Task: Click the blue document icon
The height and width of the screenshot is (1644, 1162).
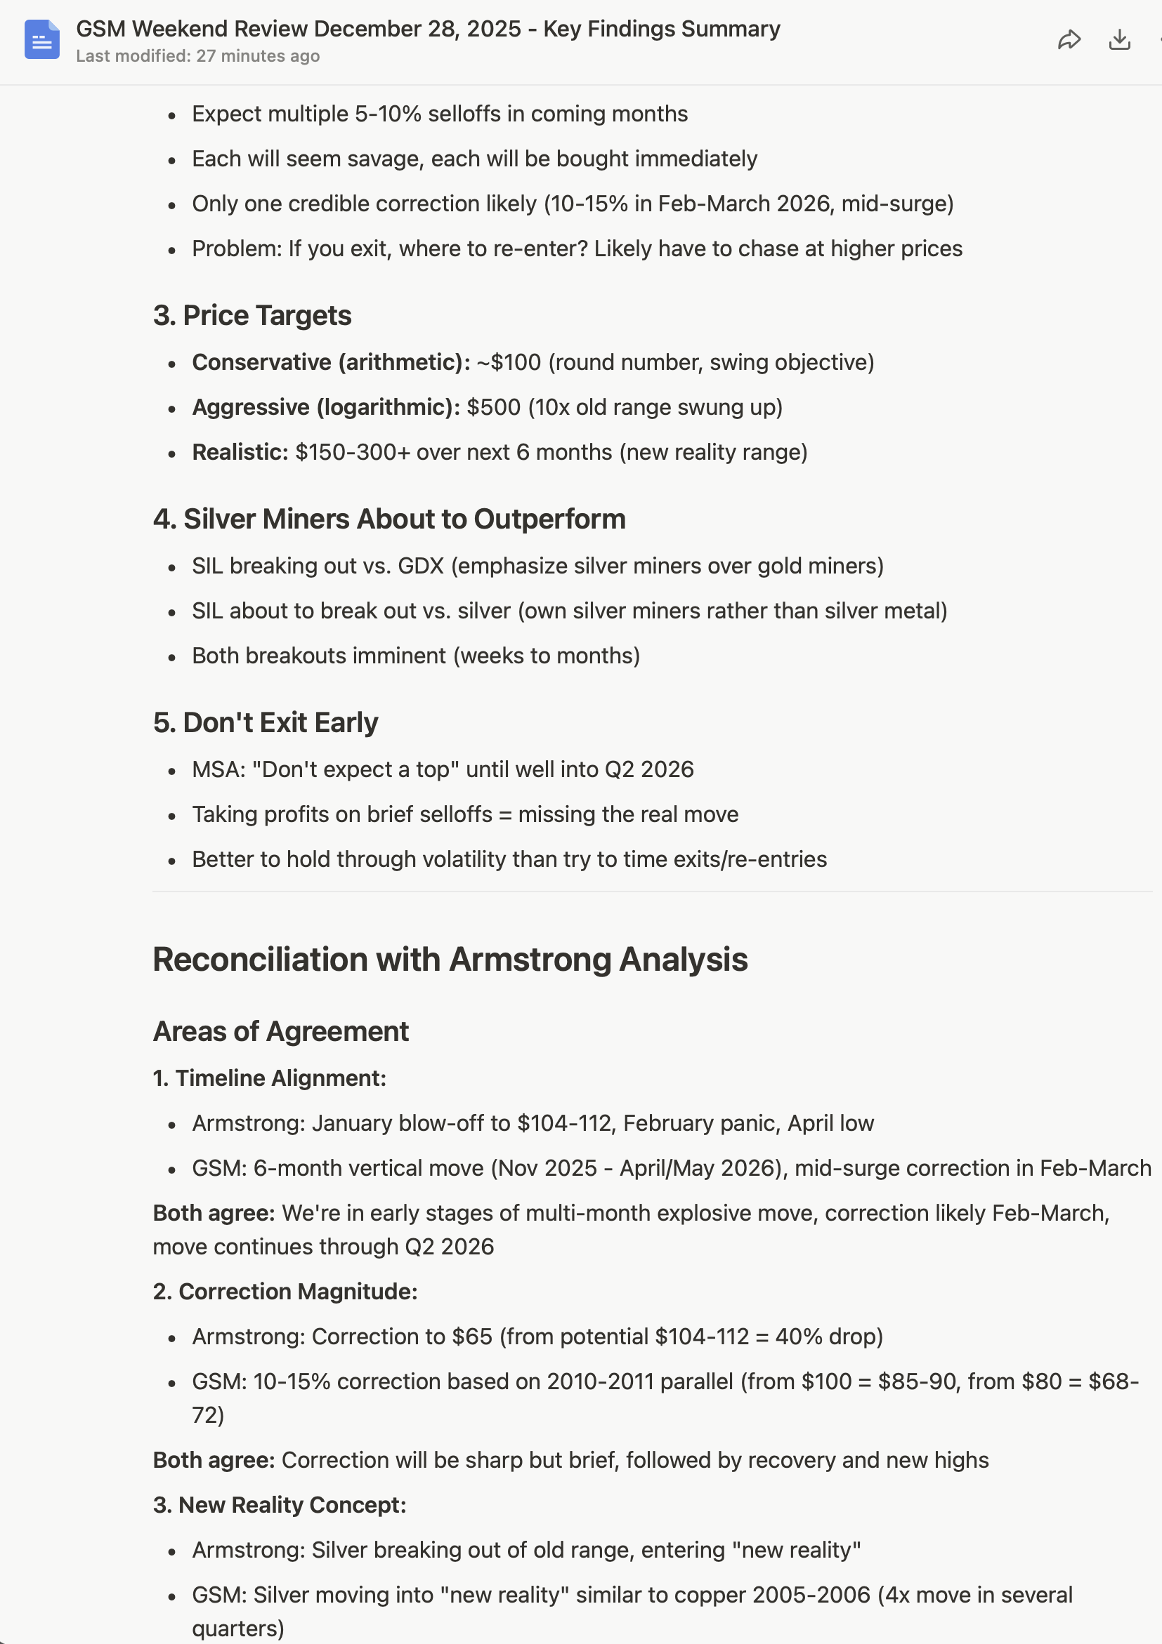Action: [x=41, y=39]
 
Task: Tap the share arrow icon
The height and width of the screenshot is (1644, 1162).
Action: [x=1069, y=39]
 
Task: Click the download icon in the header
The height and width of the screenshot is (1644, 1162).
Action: [x=1119, y=39]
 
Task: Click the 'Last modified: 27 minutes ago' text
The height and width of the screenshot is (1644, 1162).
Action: [x=197, y=56]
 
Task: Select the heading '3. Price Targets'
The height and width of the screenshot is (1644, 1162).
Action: [x=252, y=316]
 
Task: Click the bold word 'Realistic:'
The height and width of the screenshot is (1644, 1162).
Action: [x=240, y=453]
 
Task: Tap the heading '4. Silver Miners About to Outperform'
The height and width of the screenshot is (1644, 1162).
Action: [x=389, y=519]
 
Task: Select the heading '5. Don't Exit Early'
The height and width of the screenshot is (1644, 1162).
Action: [x=265, y=722]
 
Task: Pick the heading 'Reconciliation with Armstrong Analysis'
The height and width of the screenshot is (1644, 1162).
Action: [x=450, y=960]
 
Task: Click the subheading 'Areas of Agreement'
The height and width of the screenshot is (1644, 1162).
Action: [x=281, y=1032]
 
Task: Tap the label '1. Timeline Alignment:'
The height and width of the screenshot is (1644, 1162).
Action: [x=269, y=1078]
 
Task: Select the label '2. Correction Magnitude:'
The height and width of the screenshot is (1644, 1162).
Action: [x=285, y=1292]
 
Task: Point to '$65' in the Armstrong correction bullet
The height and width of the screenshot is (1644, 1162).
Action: [x=472, y=1337]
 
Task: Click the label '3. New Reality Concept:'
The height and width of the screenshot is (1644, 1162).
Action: [x=280, y=1505]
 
